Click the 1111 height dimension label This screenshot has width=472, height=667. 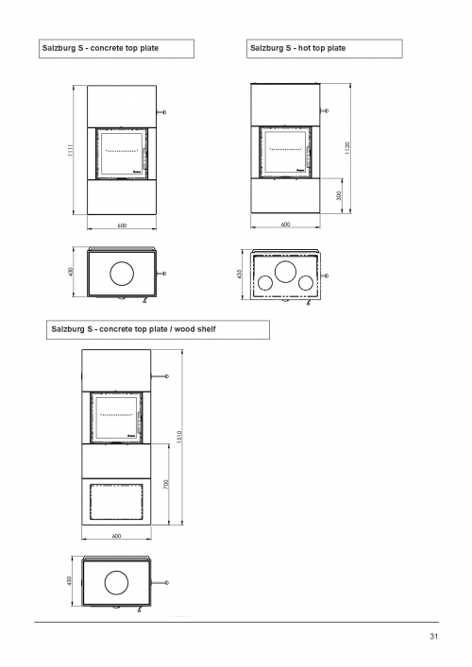tap(71, 150)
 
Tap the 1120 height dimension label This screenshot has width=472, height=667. tap(347, 147)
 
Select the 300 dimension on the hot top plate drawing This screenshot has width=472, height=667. tap(339, 195)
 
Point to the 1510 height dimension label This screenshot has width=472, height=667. tap(179, 437)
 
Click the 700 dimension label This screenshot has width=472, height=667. tap(166, 484)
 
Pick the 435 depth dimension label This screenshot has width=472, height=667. tap(239, 274)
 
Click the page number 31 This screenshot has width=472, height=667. tap(433, 637)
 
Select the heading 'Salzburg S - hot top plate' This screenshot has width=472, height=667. tap(298, 48)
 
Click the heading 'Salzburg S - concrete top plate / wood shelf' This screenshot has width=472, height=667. tap(134, 329)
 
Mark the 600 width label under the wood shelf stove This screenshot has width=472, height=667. tap(117, 536)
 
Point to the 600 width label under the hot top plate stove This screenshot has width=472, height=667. tap(286, 225)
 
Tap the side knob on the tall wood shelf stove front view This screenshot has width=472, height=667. tap(167, 376)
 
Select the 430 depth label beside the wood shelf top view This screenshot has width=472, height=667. tap(69, 580)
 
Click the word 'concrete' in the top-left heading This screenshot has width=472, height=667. tap(107, 48)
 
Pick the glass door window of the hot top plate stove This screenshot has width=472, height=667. tap(285, 152)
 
